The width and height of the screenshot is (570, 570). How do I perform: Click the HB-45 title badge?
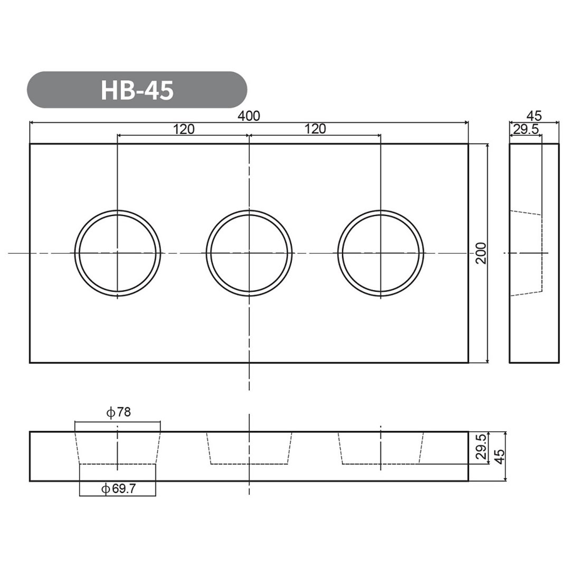pos(137,90)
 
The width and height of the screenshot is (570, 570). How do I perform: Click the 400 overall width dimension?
pos(249,116)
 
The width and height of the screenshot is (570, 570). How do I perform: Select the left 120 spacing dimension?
pos(183,129)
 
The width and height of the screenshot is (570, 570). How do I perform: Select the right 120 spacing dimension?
pos(315,129)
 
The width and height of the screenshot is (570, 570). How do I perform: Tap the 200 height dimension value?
pos(480,253)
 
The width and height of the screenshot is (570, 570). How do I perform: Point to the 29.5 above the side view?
pos(526,129)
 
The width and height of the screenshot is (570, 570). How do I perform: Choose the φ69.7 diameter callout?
pos(118,489)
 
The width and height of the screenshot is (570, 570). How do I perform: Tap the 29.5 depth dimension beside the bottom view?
pos(480,448)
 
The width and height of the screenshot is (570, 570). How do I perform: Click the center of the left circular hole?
pos(117,253)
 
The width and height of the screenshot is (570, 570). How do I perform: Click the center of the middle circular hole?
pos(249,253)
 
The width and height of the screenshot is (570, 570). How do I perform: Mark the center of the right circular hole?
pos(381,253)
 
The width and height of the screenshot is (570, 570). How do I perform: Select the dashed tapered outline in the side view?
pos(526,253)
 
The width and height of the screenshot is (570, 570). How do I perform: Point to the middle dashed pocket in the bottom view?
pos(249,449)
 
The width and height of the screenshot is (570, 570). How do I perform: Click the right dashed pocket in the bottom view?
pos(381,449)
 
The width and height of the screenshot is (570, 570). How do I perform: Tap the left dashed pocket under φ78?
pos(117,449)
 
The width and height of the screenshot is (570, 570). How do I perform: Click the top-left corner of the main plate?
pos(30,144)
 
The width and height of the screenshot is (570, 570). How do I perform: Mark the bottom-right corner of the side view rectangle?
pos(558,363)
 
